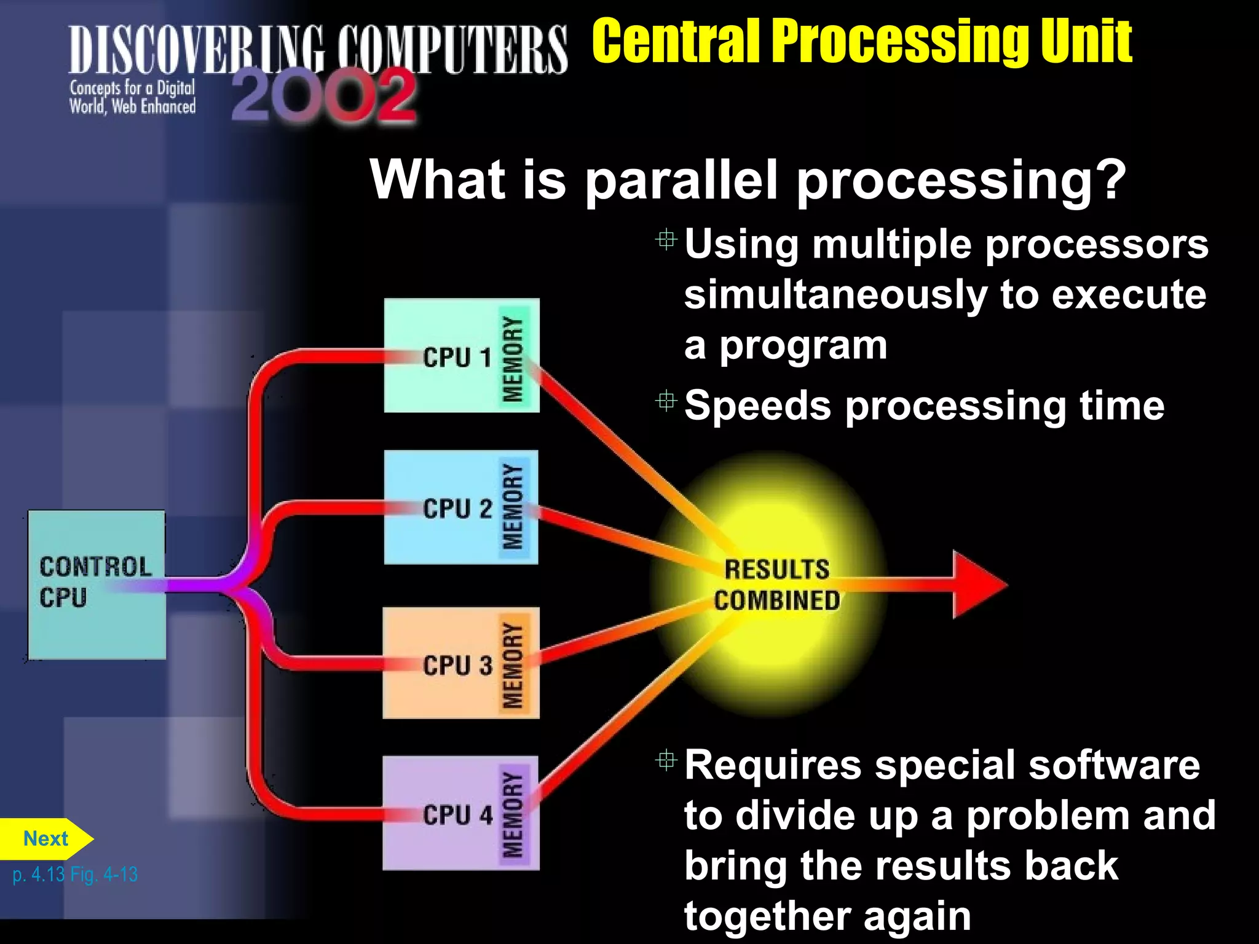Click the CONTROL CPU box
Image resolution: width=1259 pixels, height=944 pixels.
97,584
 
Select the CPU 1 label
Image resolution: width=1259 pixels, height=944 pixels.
457,357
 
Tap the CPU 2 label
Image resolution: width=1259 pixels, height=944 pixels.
457,509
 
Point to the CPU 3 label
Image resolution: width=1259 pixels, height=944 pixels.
457,665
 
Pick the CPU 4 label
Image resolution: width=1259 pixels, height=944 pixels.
457,815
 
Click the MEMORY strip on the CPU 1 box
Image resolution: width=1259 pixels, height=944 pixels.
513,358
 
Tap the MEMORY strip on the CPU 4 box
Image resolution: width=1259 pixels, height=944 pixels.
513,814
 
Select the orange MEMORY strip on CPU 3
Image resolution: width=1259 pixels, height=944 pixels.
513,664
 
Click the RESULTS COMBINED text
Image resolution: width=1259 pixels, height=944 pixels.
776,584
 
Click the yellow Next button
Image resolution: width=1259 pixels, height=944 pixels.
45,839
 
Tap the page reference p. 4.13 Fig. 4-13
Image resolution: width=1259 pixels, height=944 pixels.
75,874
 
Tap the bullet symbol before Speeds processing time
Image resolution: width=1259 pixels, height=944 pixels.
666,401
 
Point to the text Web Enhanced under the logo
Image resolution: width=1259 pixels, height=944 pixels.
154,107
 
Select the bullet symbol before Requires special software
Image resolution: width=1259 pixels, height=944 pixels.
666,761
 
